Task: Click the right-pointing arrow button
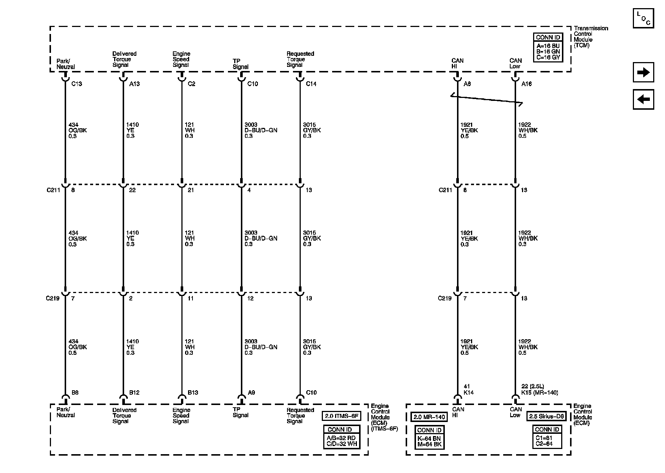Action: point(643,72)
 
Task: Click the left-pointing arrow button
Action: point(643,99)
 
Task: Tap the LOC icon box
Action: point(643,18)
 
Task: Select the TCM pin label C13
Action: point(76,84)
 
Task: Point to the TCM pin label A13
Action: point(134,84)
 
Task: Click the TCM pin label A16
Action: point(526,84)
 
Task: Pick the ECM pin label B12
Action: point(134,392)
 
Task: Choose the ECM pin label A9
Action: point(251,392)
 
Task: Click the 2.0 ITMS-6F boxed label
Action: point(342,416)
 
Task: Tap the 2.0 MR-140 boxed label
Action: point(429,417)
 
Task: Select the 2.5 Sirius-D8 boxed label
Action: point(547,416)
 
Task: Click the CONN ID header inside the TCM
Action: point(548,37)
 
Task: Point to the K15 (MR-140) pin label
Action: point(539,392)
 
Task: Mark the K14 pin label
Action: point(468,392)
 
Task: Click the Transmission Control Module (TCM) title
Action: point(590,37)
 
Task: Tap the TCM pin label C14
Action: point(311,84)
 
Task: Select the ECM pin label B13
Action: point(193,392)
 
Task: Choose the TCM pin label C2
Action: point(191,84)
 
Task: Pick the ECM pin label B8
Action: point(75,392)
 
